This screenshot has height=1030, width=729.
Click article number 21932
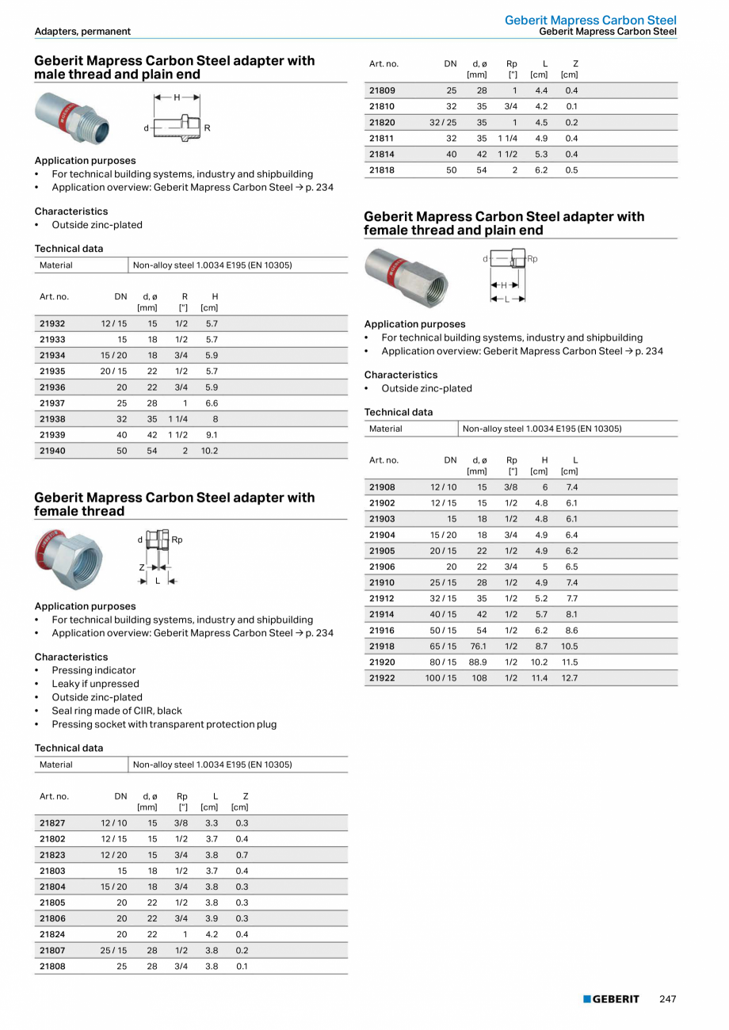52,323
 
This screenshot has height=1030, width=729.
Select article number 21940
52,451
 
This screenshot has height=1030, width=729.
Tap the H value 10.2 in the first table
209,451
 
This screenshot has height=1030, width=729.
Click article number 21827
52,823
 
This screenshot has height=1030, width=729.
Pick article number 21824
52,935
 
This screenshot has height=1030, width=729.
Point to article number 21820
382,123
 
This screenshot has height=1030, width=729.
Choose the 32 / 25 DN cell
443,123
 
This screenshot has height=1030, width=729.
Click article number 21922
382,678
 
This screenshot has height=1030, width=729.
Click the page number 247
668,999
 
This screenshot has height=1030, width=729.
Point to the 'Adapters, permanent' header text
82,32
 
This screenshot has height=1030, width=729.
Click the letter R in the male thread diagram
207,128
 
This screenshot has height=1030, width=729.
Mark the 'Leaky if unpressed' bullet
95,684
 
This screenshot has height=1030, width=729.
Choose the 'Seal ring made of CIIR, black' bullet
116,711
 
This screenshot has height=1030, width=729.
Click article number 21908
382,487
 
